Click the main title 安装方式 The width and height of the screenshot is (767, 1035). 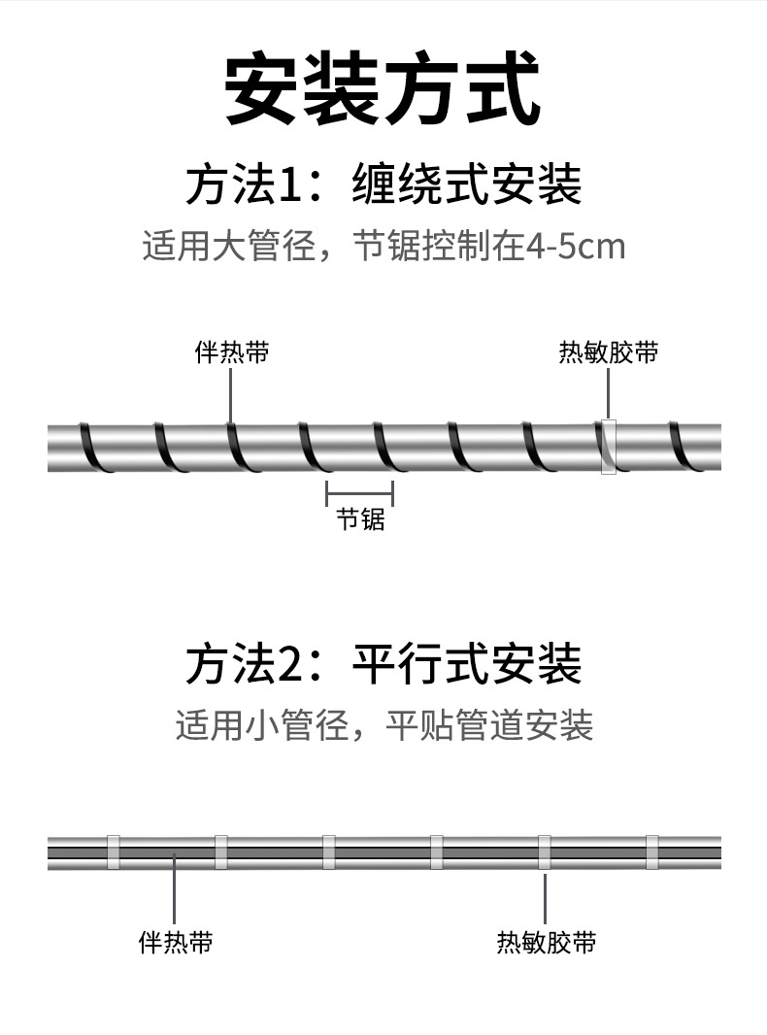(x=383, y=89)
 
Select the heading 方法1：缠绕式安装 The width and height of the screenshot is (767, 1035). (x=383, y=184)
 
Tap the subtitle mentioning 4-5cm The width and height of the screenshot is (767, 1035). (x=383, y=247)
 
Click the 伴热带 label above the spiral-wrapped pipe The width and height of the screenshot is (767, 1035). (x=231, y=352)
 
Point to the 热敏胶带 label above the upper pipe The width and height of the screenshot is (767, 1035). (x=608, y=352)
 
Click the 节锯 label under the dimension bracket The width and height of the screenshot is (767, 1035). (x=360, y=520)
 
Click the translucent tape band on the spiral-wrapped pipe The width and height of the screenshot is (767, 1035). (x=608, y=447)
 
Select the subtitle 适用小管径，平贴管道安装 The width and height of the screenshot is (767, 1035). (x=383, y=725)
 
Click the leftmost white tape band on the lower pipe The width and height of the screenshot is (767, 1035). (x=113, y=851)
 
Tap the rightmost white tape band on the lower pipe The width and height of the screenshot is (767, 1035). (x=651, y=851)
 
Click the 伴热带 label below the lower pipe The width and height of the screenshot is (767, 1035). (x=176, y=942)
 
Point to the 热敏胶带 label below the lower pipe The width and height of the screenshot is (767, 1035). (x=546, y=942)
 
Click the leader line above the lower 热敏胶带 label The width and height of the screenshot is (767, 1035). (x=546, y=898)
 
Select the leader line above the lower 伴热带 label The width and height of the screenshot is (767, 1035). (x=174, y=888)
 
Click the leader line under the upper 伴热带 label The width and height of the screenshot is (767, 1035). (x=231, y=393)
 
